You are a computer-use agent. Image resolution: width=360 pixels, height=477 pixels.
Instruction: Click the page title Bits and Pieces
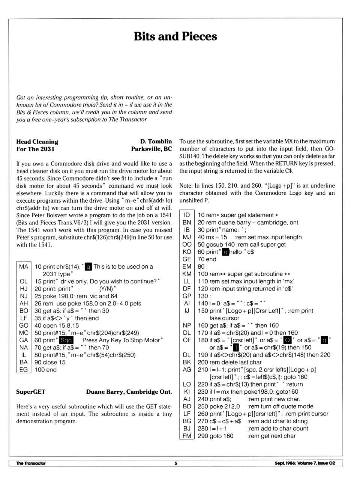pos(175,36)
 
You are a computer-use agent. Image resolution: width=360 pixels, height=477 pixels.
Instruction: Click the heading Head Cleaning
pos(37,141)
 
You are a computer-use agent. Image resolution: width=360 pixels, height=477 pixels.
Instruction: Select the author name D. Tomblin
pos(156,141)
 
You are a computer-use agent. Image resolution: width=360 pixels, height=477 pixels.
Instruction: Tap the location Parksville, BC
pos(151,149)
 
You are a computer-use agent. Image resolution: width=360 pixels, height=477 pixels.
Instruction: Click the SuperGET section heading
pos(31,392)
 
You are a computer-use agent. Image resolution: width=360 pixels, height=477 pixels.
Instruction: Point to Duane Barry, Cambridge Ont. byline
pos(129,392)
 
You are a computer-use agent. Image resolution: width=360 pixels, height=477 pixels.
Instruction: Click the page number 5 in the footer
pos(175,463)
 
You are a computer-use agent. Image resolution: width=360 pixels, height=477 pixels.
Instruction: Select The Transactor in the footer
pos(31,463)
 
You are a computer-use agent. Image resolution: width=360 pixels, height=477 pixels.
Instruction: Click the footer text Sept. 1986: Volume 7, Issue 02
pos(304,463)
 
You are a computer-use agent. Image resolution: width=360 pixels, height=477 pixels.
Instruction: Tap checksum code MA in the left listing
pos(24,266)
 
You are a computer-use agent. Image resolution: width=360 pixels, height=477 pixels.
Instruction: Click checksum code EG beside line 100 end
pos(24,370)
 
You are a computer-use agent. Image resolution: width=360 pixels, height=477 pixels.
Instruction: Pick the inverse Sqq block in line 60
pos(66,340)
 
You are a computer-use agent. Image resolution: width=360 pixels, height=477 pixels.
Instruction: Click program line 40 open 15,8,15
pos(57,325)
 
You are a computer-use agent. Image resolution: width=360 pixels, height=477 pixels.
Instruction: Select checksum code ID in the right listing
pos(187,215)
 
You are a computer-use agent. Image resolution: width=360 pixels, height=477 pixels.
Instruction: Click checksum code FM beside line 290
pos(187,436)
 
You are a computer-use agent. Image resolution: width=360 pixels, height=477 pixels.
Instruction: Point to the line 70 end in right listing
pos(207,259)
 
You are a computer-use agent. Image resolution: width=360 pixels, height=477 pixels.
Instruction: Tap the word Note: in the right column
pos(186,186)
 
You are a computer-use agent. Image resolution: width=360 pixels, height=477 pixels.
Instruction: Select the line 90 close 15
pos(50,362)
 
